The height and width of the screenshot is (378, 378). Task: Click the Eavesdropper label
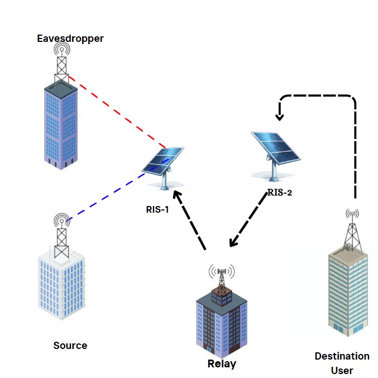pyautogui.click(x=70, y=39)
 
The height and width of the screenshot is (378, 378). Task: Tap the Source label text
pyautogui.click(x=70, y=345)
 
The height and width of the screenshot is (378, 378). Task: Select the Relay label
pyautogui.click(x=222, y=364)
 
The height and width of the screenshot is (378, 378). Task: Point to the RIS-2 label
pyautogui.click(x=280, y=193)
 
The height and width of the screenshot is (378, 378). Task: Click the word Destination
pyautogui.click(x=342, y=356)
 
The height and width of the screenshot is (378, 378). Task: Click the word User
pyautogui.click(x=342, y=370)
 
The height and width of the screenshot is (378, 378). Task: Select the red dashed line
pyautogui.click(x=117, y=112)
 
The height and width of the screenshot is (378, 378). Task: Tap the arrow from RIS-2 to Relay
pyautogui.click(x=246, y=224)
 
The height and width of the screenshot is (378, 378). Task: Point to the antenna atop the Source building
pyautogui.click(x=61, y=235)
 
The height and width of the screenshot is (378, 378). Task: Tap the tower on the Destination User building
pyautogui.click(x=351, y=232)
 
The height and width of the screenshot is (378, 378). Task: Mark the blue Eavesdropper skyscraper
pyautogui.click(x=61, y=123)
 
